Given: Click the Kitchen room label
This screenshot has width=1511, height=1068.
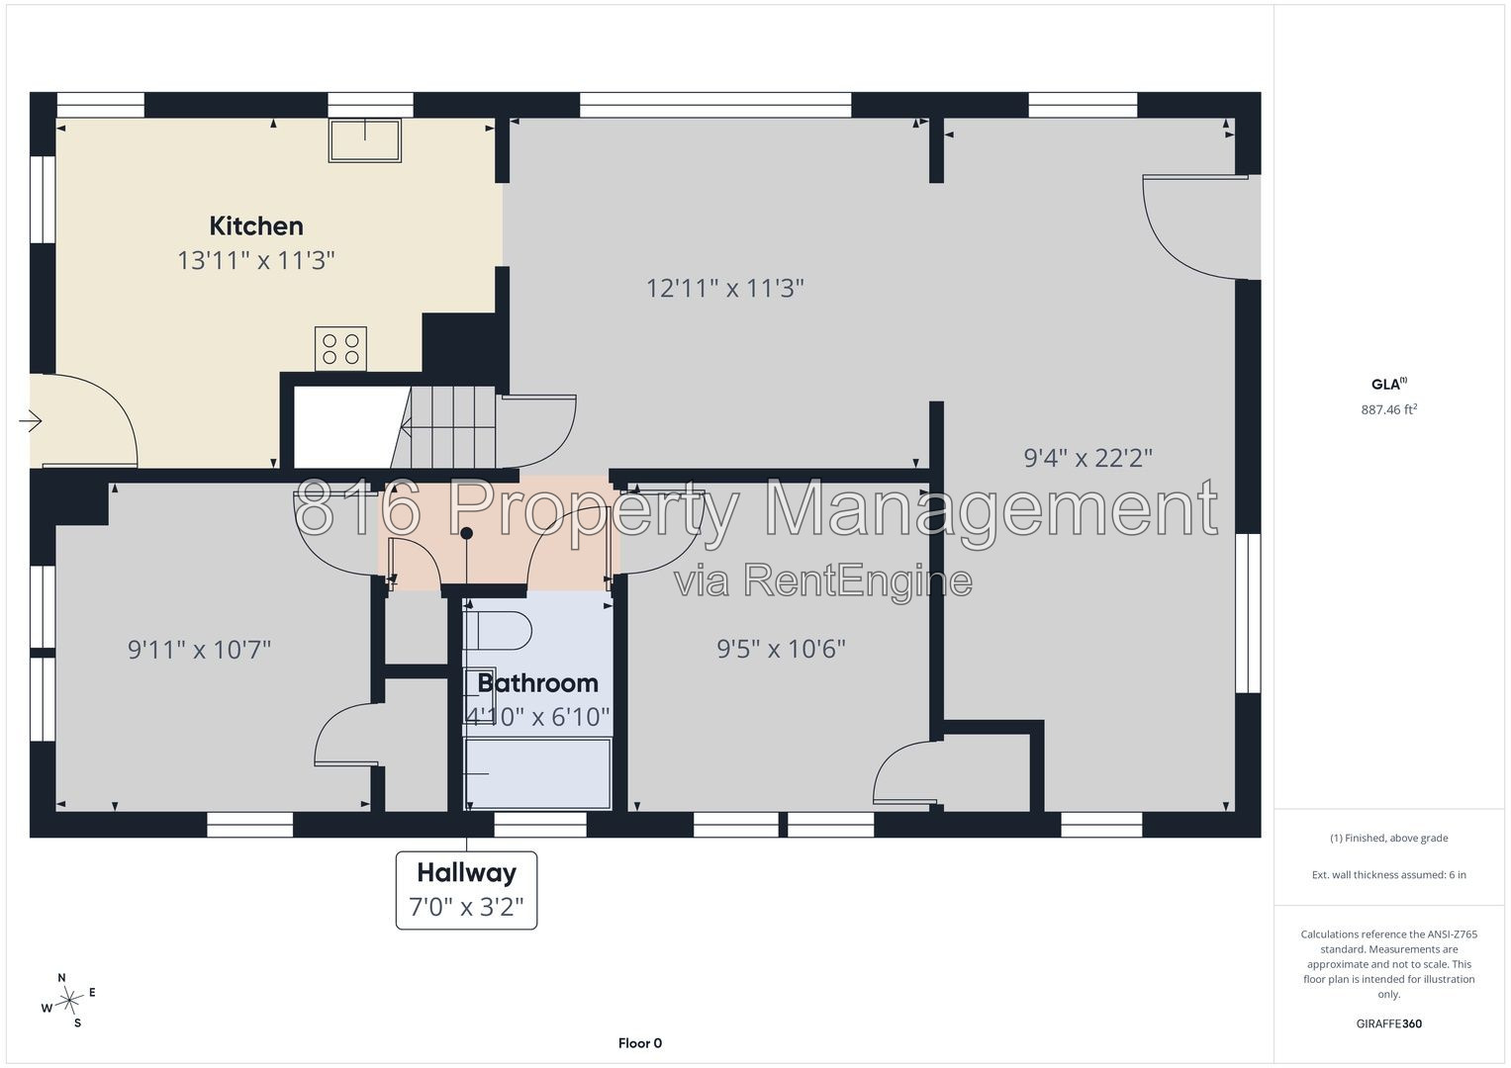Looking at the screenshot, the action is pos(256,225).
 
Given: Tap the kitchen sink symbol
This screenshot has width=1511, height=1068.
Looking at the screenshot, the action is pos(365,140).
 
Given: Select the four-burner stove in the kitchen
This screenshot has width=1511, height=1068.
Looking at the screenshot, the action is pos(340,348).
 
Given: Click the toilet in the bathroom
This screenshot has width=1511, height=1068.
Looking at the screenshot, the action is pos(497,631).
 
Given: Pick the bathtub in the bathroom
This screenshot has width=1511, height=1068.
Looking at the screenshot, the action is pos(537,773).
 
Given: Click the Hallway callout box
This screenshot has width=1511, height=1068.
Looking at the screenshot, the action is pos(466,890).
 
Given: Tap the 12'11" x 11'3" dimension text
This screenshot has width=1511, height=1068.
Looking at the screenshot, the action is pos(725,289).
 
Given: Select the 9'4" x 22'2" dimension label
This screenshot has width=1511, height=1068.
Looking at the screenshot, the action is pos(1088,459).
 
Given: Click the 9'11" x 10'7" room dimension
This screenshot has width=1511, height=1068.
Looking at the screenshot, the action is pos(199,650).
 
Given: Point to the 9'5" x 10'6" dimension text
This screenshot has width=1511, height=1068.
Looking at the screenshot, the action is pos(781,649).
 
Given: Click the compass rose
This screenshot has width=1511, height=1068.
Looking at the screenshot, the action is pos(69,1001).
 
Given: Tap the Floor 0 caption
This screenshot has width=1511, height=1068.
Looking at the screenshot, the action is pos(640,1043).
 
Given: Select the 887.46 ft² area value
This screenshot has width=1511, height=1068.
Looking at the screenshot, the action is pos(1389,409).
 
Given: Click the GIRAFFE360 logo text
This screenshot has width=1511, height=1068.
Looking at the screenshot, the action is pos(1389,1023).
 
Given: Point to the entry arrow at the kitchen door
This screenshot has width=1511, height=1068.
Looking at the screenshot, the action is pos(31,421).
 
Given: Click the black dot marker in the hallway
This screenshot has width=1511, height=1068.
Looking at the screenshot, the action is pos(466,533).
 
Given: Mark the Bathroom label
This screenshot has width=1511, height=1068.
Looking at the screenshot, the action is pos(537,683).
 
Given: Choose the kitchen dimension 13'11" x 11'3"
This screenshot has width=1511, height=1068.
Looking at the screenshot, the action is pos(256,260).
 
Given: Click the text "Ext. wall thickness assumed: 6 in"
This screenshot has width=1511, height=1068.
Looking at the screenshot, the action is pos(1389,874).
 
